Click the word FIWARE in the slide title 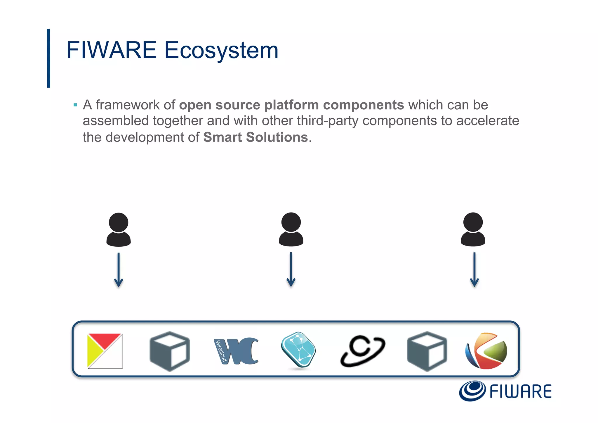point(111,50)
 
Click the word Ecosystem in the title point(221,51)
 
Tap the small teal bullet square point(75,105)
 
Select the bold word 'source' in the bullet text point(237,105)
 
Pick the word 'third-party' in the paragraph point(328,121)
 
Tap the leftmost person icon point(118,229)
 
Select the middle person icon point(291,229)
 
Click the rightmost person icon point(473,229)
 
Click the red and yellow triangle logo point(105,351)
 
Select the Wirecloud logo point(236,351)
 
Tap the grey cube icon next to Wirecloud point(169,351)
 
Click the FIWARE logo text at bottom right point(520,391)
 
